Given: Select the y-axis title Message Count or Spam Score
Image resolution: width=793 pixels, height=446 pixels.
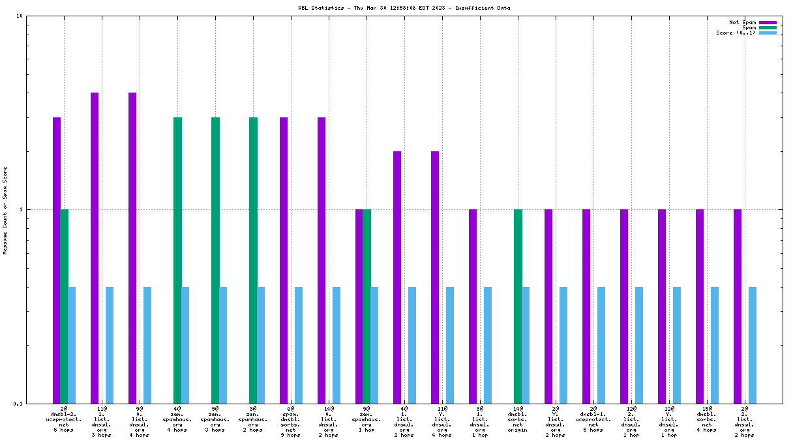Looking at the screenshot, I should click(5, 209).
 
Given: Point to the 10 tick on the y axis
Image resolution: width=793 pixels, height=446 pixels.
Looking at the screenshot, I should click(20, 16).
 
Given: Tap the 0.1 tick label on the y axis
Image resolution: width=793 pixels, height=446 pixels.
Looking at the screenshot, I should click(18, 404).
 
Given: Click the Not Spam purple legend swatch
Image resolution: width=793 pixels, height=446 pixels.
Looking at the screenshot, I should click(768, 22).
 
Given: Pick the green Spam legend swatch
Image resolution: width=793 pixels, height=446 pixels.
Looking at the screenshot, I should click(768, 27).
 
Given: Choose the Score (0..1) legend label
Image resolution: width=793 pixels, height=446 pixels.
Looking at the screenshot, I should click(736, 33).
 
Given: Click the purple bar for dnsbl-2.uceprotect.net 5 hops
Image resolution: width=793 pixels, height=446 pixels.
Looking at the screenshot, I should click(57, 260).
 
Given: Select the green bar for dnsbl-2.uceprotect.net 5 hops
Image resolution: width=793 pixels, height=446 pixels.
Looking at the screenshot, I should click(64, 306).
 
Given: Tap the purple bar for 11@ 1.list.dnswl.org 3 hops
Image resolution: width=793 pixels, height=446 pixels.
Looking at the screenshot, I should click(95, 248).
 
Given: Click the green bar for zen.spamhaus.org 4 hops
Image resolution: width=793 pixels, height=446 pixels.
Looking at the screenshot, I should click(177, 260).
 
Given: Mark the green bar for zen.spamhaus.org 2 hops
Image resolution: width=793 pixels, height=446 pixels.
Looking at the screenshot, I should click(253, 260).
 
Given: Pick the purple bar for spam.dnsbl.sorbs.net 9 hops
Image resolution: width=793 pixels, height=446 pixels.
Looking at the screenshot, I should click(284, 260).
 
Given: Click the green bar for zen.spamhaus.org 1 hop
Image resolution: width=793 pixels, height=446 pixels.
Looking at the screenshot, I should click(367, 306).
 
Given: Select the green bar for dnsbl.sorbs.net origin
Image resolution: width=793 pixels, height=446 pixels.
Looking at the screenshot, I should click(518, 306).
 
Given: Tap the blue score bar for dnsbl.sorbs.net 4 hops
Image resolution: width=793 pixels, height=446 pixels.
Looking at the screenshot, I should click(715, 345).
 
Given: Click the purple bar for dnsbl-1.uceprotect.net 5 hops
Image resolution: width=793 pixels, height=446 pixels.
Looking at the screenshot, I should click(586, 306).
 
